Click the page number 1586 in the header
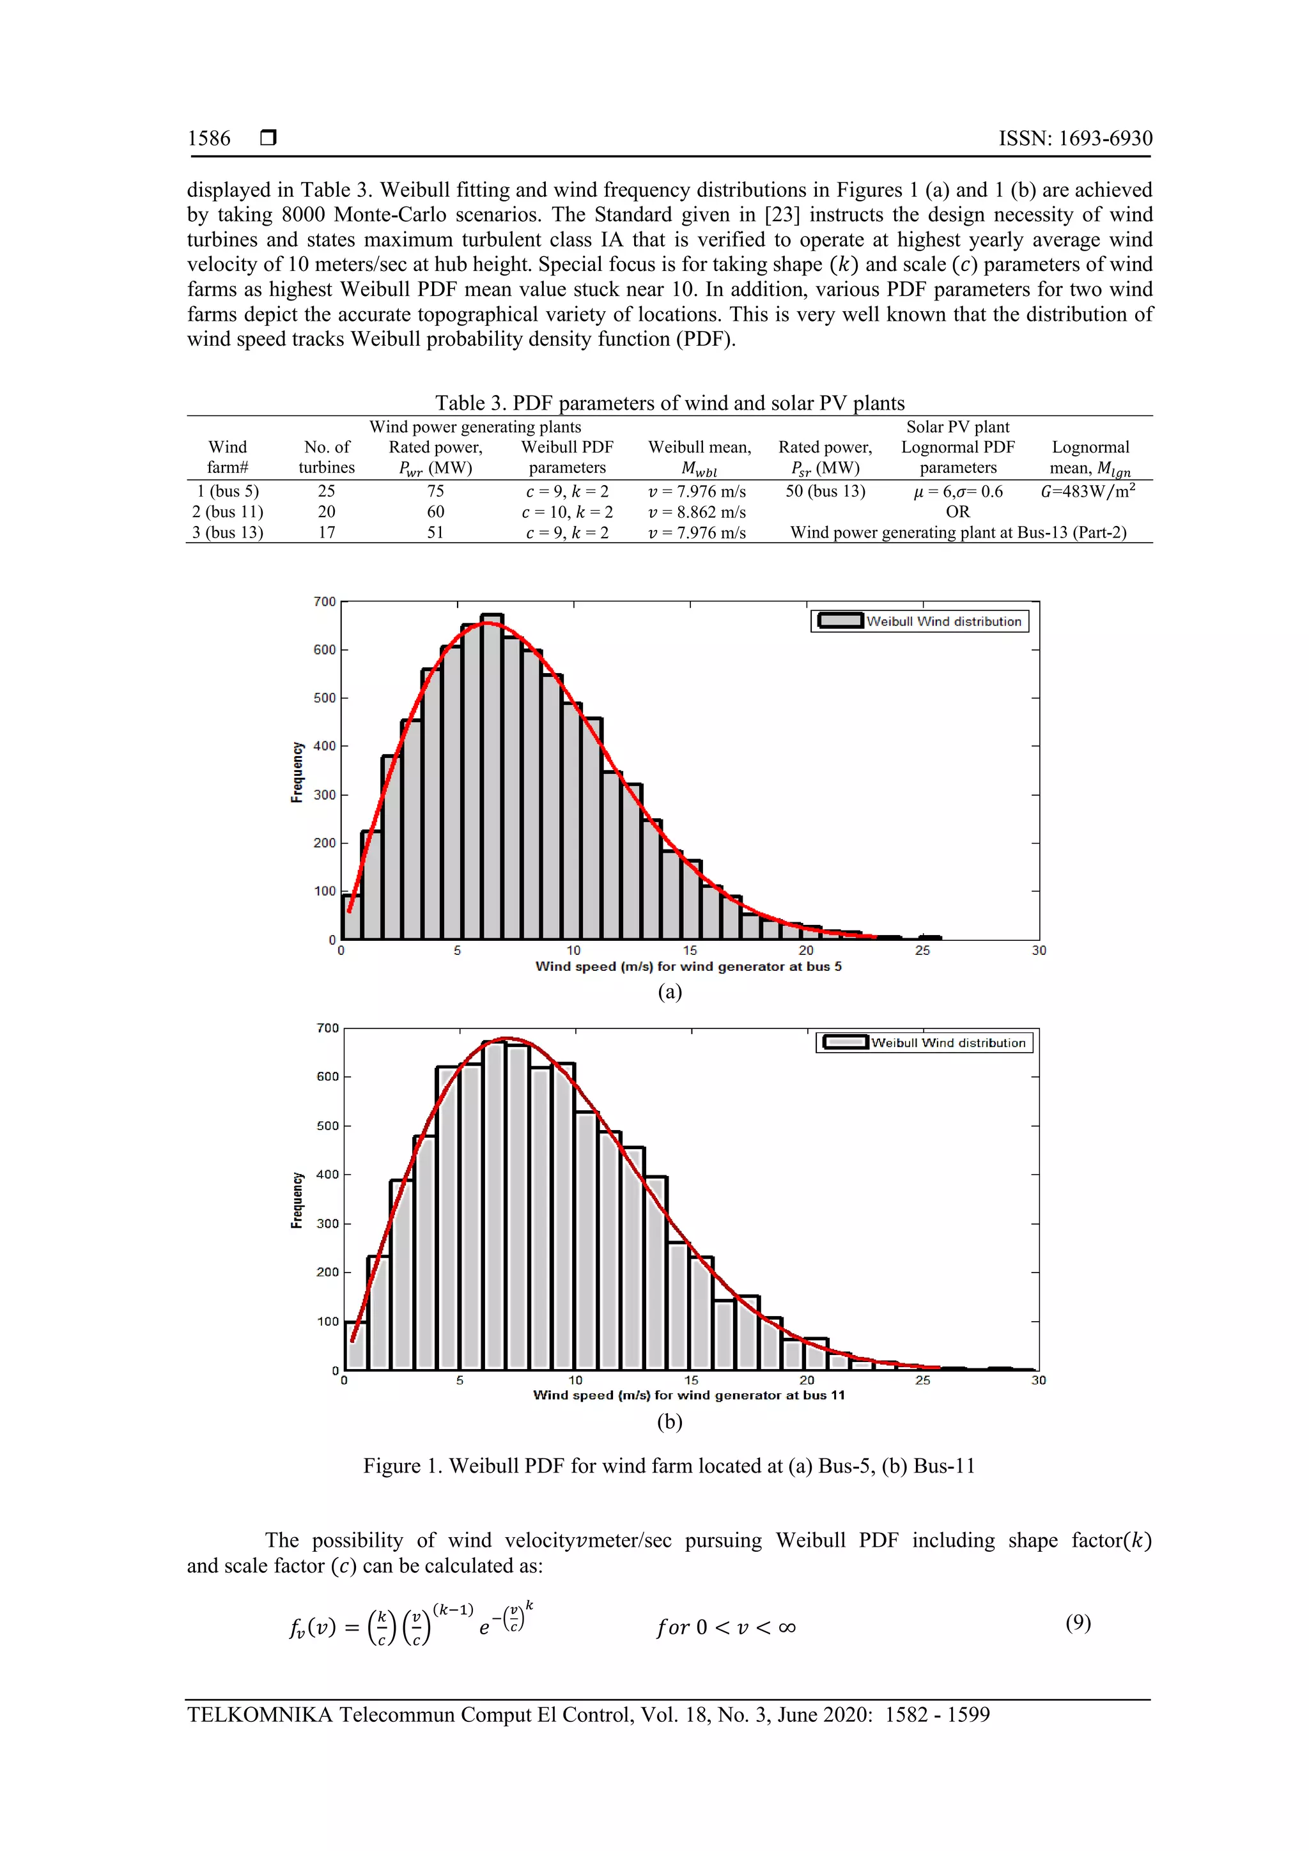[x=209, y=139]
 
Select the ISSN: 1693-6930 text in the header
[x=1075, y=139]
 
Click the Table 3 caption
[x=669, y=403]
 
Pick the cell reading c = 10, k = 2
[x=567, y=512]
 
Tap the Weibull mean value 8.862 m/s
[x=697, y=512]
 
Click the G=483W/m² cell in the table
[x=1088, y=491]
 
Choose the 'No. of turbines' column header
[x=327, y=457]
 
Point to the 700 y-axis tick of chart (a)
[x=325, y=601]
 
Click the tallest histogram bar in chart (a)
[x=492, y=774]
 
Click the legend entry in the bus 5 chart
[x=920, y=621]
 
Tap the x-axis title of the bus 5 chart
[x=688, y=966]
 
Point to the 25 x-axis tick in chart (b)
[x=923, y=1380]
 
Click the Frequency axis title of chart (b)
[x=297, y=1200]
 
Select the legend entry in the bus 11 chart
[x=924, y=1042]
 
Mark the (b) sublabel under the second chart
[x=669, y=1421]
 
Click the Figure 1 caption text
[x=669, y=1466]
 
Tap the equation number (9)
[x=1078, y=1623]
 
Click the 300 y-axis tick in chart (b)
[x=327, y=1224]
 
